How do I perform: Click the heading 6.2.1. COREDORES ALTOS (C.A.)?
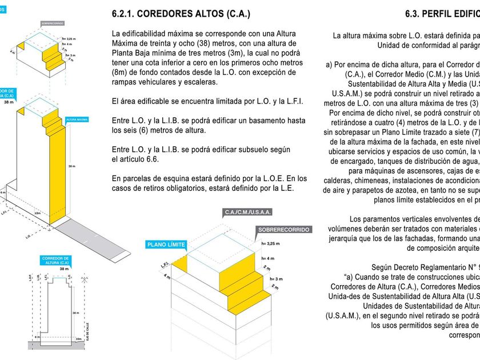(181, 14)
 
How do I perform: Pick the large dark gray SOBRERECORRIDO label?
(284, 229)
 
